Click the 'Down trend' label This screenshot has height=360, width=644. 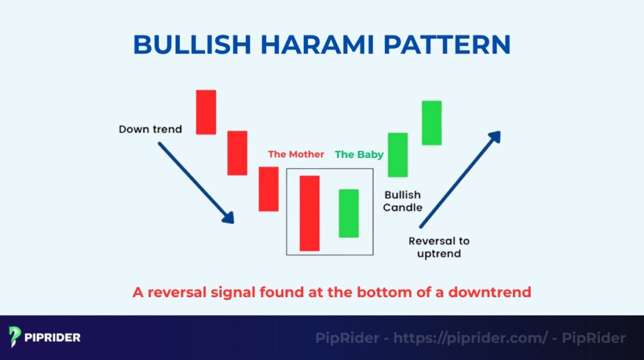click(150, 130)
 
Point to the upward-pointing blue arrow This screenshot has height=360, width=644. click(460, 179)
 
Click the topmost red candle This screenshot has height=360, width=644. click(206, 112)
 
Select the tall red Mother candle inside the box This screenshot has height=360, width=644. click(309, 213)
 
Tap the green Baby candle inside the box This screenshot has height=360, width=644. click(348, 213)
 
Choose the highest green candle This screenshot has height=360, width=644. click(431, 123)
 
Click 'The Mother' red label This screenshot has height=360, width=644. click(296, 154)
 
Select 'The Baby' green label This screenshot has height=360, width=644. click(359, 154)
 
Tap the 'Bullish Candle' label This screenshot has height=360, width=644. click(403, 201)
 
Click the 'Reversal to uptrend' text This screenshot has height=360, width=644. click(439, 247)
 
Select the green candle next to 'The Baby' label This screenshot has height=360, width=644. click(397, 155)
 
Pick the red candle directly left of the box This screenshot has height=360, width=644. click(269, 189)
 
